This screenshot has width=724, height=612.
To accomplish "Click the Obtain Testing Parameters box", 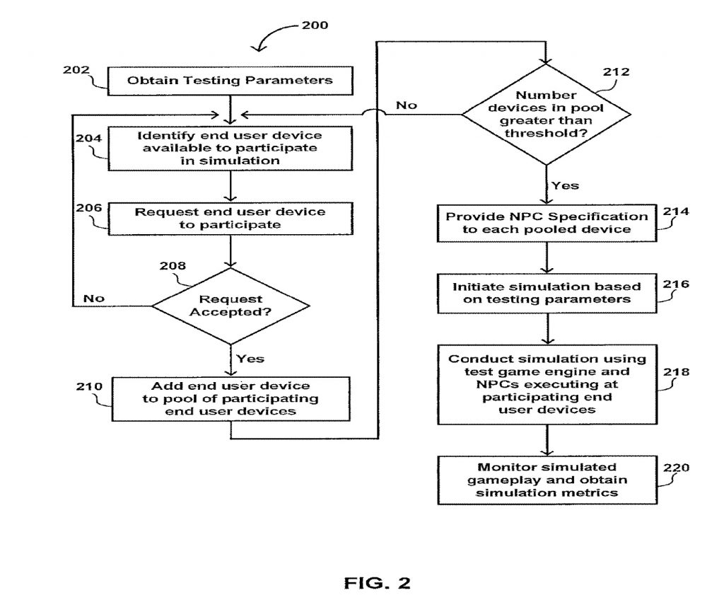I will click(230, 81).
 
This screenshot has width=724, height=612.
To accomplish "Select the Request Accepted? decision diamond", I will click(230, 306).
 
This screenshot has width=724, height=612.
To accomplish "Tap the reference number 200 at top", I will click(315, 25).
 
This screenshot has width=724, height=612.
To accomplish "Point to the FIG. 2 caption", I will click(377, 583).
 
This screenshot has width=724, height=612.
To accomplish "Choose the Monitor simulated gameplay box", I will click(547, 480).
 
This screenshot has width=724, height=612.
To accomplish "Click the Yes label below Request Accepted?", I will click(250, 359).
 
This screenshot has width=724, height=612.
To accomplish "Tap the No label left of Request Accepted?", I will click(94, 298).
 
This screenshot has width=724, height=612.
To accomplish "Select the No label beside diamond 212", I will click(406, 105).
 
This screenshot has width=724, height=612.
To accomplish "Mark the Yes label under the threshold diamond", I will click(565, 185).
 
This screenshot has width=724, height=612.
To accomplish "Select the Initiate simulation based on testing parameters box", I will click(547, 293).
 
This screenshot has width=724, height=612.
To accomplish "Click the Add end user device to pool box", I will click(230, 398).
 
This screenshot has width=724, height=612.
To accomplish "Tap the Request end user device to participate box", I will click(230, 218).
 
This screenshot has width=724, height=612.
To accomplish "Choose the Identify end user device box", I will click(230, 147).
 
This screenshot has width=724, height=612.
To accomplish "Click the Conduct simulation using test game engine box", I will click(547, 384).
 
